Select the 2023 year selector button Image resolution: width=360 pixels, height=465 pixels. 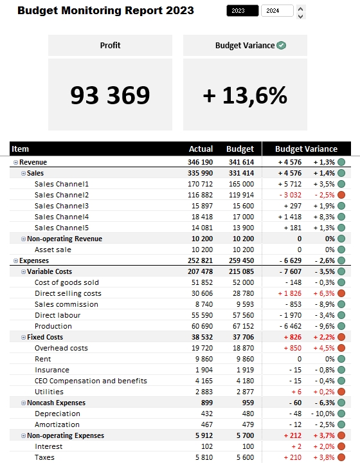(x=242, y=11)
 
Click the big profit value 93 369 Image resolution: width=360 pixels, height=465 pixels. (x=110, y=95)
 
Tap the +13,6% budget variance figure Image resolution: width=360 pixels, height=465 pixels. (x=245, y=95)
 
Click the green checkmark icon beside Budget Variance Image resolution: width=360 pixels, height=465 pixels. (x=281, y=46)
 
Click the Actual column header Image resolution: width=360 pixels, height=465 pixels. (x=201, y=149)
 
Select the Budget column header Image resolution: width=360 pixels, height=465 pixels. (x=240, y=149)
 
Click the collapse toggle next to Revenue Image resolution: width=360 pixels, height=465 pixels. (x=16, y=163)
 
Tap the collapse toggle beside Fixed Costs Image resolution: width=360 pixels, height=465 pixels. (x=23, y=337)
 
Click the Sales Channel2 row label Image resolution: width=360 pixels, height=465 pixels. (x=62, y=195)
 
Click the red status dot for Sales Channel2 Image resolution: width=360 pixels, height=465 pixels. (x=341, y=195)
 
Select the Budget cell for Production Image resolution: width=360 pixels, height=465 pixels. (x=241, y=326)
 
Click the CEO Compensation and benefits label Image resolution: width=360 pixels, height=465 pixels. (x=91, y=381)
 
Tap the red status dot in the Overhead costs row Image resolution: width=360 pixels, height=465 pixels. (x=341, y=348)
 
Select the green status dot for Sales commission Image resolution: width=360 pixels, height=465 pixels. (x=341, y=304)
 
